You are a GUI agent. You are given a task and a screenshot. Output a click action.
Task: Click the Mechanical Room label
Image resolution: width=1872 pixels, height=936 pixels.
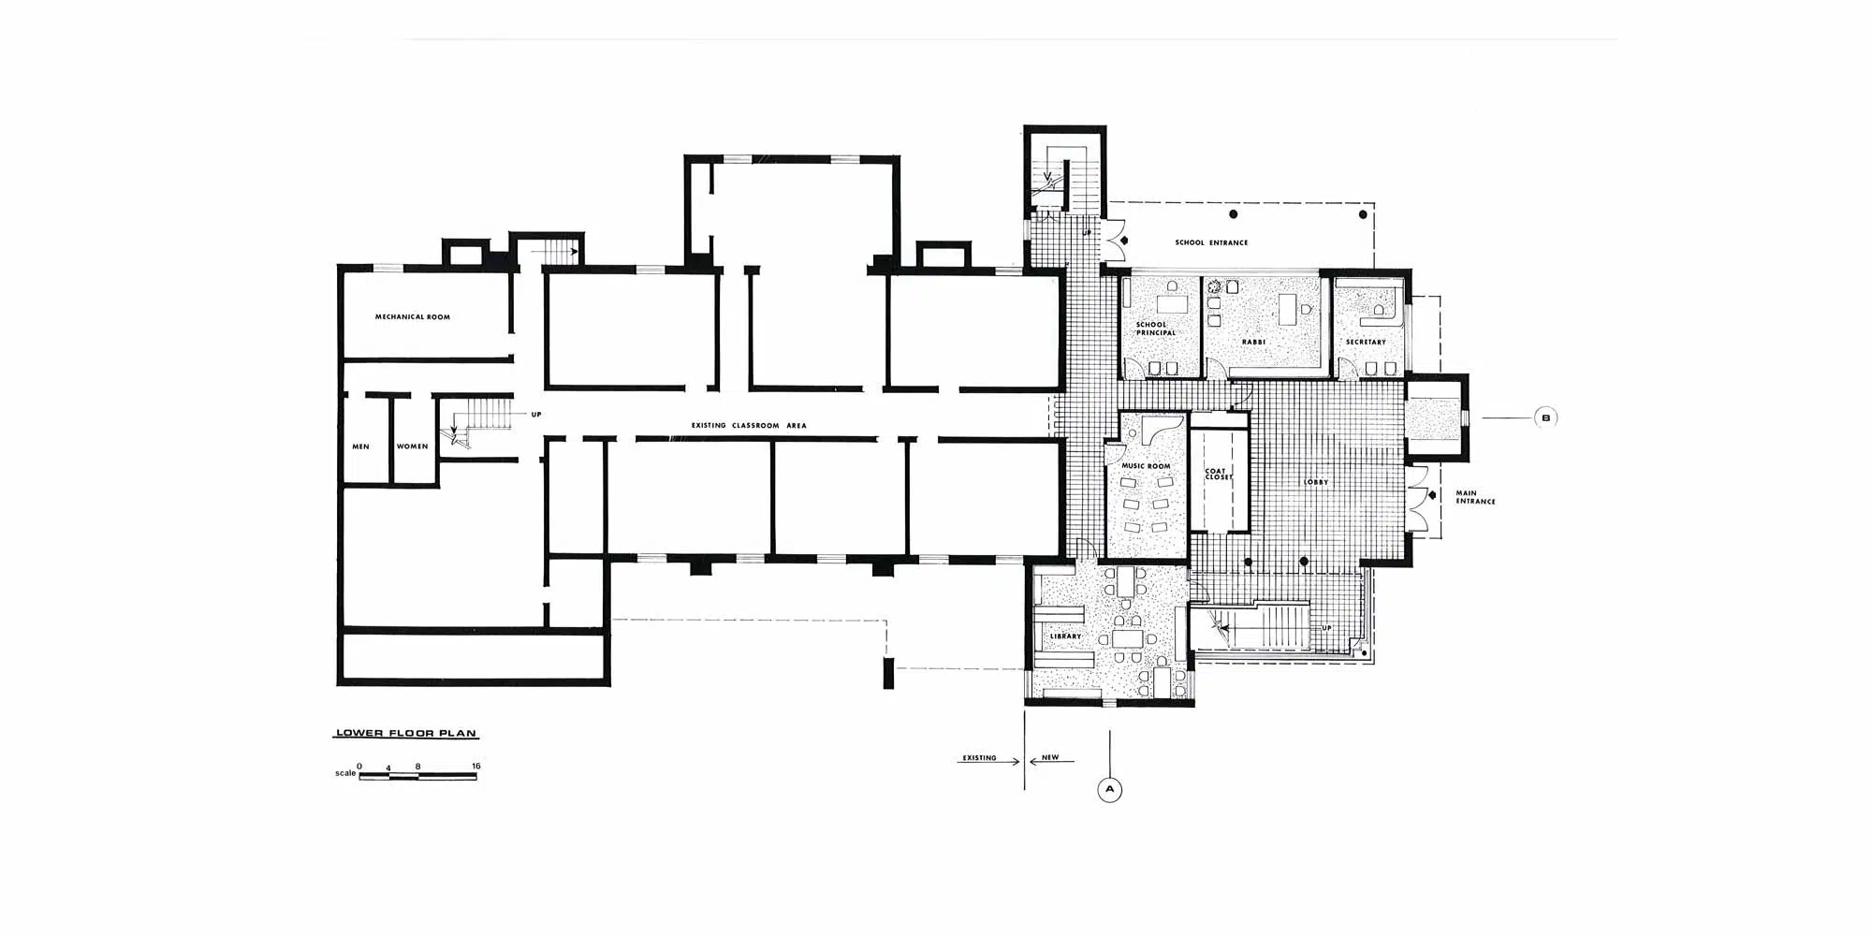click(x=413, y=317)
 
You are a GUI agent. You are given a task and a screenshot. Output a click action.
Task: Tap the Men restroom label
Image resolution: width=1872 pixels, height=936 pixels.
click(x=360, y=446)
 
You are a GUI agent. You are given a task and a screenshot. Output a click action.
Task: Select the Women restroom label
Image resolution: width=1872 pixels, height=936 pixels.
click(x=412, y=446)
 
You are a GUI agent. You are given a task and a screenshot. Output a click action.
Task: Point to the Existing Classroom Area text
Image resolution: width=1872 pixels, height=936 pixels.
click(x=749, y=426)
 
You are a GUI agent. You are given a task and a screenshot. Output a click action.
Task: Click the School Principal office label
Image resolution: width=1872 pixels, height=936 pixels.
click(x=1155, y=329)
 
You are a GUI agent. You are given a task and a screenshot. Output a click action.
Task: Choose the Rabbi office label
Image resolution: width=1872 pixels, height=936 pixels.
click(x=1253, y=343)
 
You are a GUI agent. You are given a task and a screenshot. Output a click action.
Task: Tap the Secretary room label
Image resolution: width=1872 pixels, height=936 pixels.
click(x=1366, y=343)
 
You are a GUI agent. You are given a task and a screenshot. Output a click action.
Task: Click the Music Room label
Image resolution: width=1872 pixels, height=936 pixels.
click(x=1146, y=466)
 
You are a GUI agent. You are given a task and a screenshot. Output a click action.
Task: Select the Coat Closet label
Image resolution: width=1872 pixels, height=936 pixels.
click(x=1218, y=475)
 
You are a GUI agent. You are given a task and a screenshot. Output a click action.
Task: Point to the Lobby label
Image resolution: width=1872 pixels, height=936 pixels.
click(x=1316, y=483)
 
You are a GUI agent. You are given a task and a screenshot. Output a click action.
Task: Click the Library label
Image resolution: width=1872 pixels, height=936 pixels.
click(x=1065, y=636)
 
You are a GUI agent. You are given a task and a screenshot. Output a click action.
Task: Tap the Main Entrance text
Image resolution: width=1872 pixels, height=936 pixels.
click(x=1475, y=497)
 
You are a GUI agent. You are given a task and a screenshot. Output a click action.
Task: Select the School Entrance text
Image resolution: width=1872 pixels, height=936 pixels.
click(x=1211, y=243)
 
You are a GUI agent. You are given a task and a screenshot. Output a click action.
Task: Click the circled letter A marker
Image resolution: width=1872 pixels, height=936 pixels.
click(x=1109, y=790)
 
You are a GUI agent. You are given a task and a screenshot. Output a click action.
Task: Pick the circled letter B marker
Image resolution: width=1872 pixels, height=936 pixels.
click(x=1545, y=417)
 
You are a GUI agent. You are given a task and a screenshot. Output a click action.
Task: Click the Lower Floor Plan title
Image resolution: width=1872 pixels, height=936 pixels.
click(x=406, y=734)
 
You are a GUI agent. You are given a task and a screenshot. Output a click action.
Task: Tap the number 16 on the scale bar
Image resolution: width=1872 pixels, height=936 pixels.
click(x=476, y=767)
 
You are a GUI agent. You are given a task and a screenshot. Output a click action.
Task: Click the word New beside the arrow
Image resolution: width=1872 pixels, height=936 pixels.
click(x=1050, y=757)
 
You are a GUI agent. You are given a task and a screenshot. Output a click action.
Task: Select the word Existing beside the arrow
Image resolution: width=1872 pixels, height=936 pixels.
click(x=979, y=758)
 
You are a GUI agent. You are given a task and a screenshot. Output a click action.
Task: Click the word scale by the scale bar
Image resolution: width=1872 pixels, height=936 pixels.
click(x=345, y=774)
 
